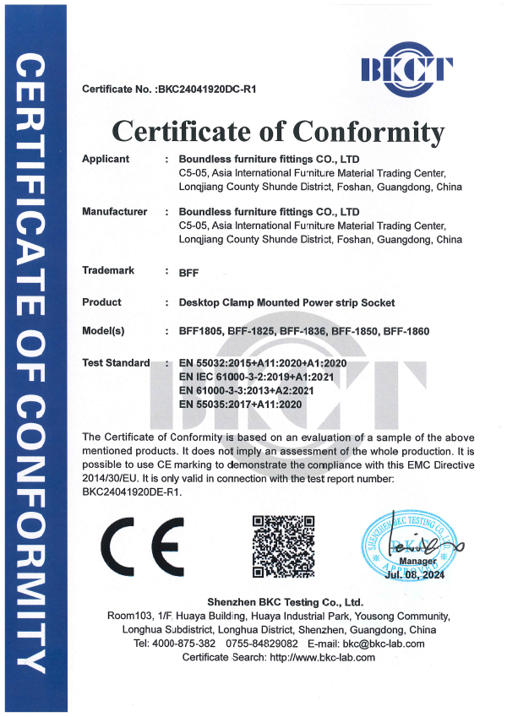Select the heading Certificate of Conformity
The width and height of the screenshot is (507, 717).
(278, 132)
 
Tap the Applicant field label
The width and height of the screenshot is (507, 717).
(106, 159)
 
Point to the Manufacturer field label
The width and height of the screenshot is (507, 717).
(114, 211)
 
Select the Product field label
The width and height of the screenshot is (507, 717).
(101, 302)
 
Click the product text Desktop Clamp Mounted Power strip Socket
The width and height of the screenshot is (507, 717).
(286, 302)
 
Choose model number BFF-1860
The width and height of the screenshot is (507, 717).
(406, 332)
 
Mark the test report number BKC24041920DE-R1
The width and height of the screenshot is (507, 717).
(132, 492)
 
